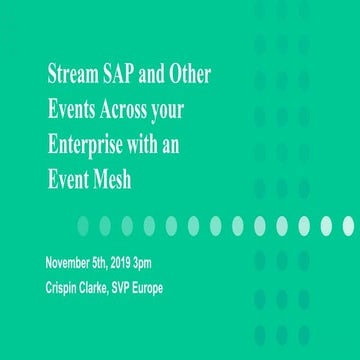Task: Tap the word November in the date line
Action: pos(72,263)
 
